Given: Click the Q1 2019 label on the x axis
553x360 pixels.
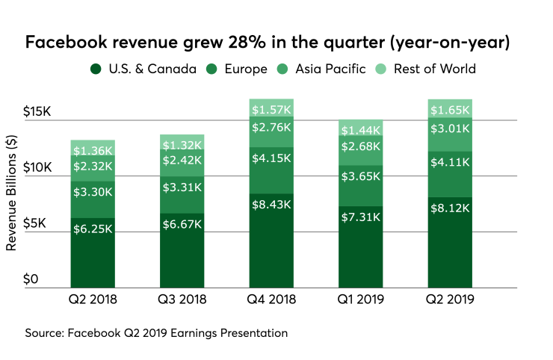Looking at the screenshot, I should (x=360, y=300).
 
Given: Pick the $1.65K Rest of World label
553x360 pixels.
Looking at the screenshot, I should (x=450, y=110).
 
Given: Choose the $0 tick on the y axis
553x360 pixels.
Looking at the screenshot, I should (x=29, y=279).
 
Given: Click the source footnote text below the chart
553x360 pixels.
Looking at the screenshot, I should (x=156, y=332).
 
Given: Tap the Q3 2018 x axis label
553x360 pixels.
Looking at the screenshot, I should (x=182, y=300).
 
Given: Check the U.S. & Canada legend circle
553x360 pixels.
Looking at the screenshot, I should (x=96, y=69).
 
